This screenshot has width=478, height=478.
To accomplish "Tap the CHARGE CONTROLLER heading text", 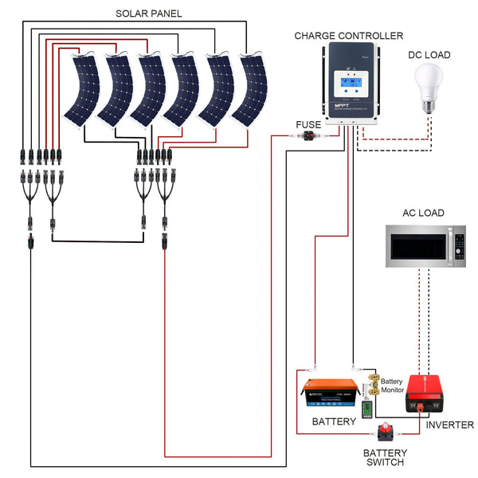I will (348, 36).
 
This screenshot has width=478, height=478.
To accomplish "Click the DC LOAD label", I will (430, 55).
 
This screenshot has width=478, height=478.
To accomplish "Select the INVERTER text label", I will (449, 425).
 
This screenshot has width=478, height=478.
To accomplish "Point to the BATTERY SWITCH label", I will (384, 457).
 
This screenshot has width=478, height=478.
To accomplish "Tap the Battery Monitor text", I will (392, 386).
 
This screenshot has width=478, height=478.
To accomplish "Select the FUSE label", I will (308, 125).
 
